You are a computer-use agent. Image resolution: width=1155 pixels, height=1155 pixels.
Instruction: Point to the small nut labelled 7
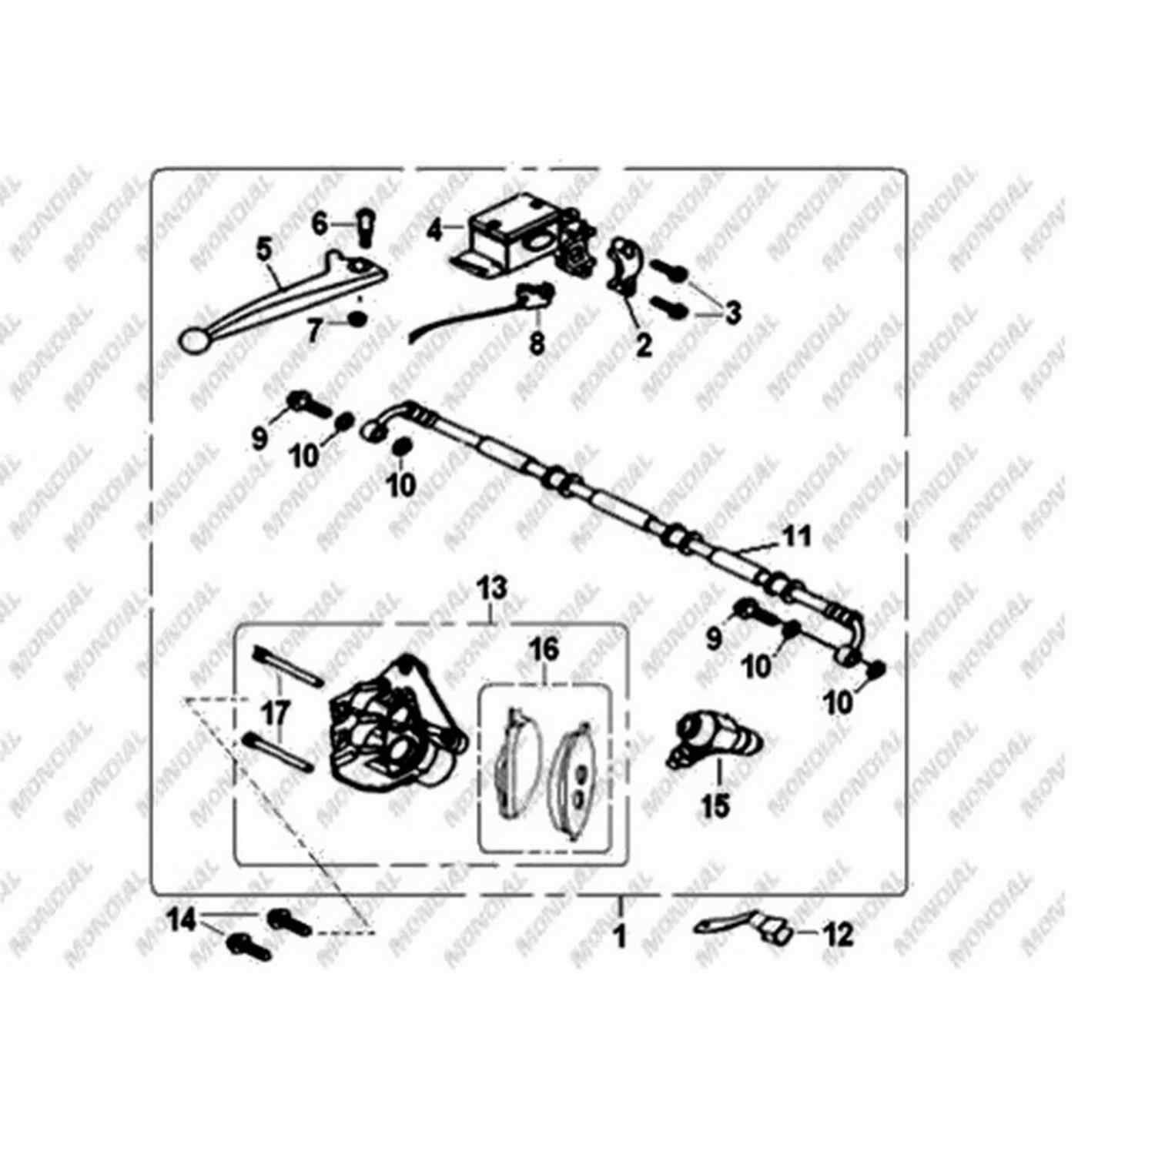(x=357, y=317)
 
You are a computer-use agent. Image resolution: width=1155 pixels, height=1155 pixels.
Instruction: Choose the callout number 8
(x=537, y=343)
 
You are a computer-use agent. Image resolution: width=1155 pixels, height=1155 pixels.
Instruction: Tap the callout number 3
(x=732, y=313)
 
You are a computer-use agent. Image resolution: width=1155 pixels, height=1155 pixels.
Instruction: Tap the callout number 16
(x=544, y=649)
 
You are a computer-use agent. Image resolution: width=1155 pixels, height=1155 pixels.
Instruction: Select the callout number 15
(x=715, y=807)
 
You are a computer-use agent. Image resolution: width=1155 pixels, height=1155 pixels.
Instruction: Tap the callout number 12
(x=839, y=936)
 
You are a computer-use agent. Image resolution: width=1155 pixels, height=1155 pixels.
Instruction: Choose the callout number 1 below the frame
(x=620, y=937)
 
